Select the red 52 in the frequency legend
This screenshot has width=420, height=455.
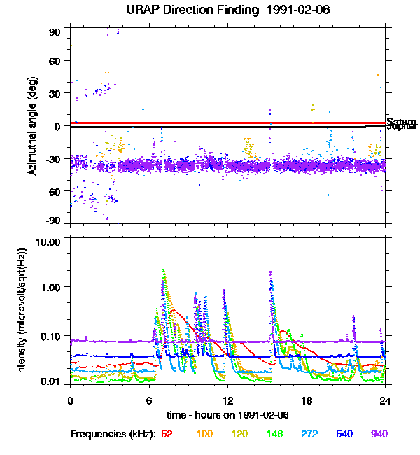click(x=167, y=435)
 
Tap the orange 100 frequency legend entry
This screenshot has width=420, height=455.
click(x=204, y=435)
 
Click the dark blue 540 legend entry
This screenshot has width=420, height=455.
click(x=344, y=435)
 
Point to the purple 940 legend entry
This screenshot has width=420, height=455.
click(x=379, y=435)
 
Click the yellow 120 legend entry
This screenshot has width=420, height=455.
click(x=239, y=435)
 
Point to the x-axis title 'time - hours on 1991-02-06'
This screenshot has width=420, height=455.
click(x=227, y=415)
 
